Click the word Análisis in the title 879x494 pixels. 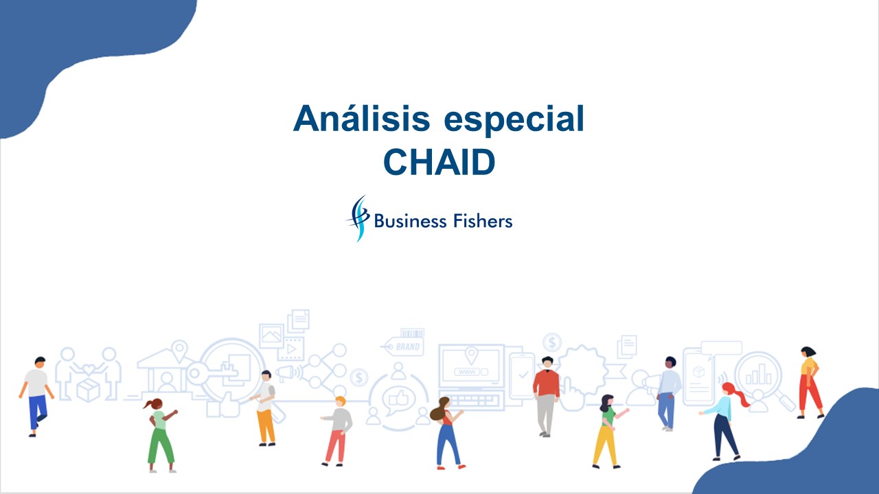(x=361, y=118)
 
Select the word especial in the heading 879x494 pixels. (x=514, y=120)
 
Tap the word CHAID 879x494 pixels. (x=439, y=162)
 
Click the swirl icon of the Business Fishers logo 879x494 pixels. (x=358, y=218)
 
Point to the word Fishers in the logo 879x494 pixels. (x=483, y=221)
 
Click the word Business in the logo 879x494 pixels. (x=411, y=221)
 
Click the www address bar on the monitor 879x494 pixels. (x=471, y=372)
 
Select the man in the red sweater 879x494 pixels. (x=546, y=397)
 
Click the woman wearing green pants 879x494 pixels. (x=160, y=435)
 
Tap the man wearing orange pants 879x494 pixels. (x=264, y=408)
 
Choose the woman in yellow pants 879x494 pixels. (x=608, y=432)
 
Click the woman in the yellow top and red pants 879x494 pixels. (x=810, y=383)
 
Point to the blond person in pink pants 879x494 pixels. (x=337, y=432)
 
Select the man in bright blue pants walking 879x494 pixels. (x=36, y=397)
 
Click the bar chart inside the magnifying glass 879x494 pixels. (x=759, y=375)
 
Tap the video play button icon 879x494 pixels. (x=291, y=349)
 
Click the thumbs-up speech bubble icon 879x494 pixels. (x=398, y=400)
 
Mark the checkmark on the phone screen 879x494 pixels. (x=523, y=375)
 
